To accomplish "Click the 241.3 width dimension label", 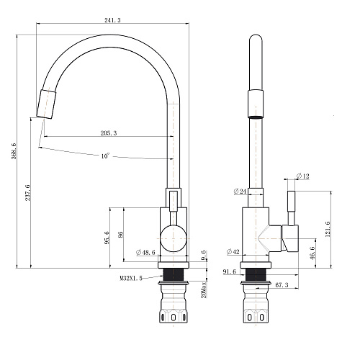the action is pyautogui.click(x=112, y=20).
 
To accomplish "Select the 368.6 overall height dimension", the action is pyautogui.click(x=14, y=151).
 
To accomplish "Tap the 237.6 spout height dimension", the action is pyautogui.click(x=28, y=193).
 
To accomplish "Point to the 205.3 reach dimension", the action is pyautogui.click(x=109, y=132).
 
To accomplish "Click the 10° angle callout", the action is pyautogui.click(x=104, y=156).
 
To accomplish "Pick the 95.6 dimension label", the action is pyautogui.click(x=107, y=238).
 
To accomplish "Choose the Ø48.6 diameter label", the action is pyautogui.click(x=145, y=252).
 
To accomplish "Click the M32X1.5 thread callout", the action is pyautogui.click(x=131, y=278).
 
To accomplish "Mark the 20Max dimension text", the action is pyautogui.click(x=204, y=290).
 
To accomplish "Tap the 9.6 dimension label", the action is pyautogui.click(x=204, y=255).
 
